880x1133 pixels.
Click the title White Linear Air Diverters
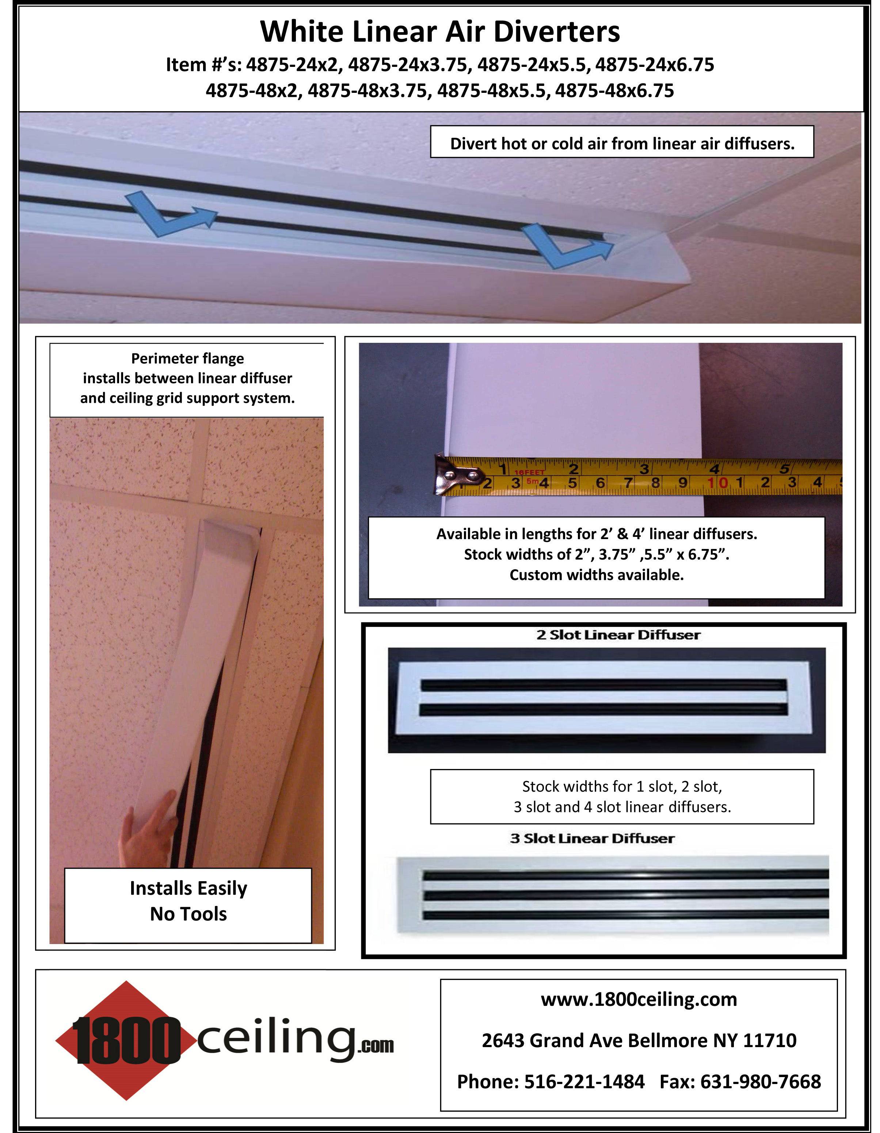pyautogui.click(x=440, y=32)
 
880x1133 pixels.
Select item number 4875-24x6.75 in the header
pyautogui.click(x=654, y=65)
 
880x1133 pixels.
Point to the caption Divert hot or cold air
pyautogui.click(x=622, y=144)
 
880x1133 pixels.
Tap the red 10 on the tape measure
pyautogui.click(x=718, y=483)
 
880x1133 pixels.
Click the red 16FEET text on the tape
pyautogui.click(x=529, y=472)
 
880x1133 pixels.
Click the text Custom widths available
pyautogui.click(x=596, y=575)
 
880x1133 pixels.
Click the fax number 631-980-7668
pyautogui.click(x=760, y=1081)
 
